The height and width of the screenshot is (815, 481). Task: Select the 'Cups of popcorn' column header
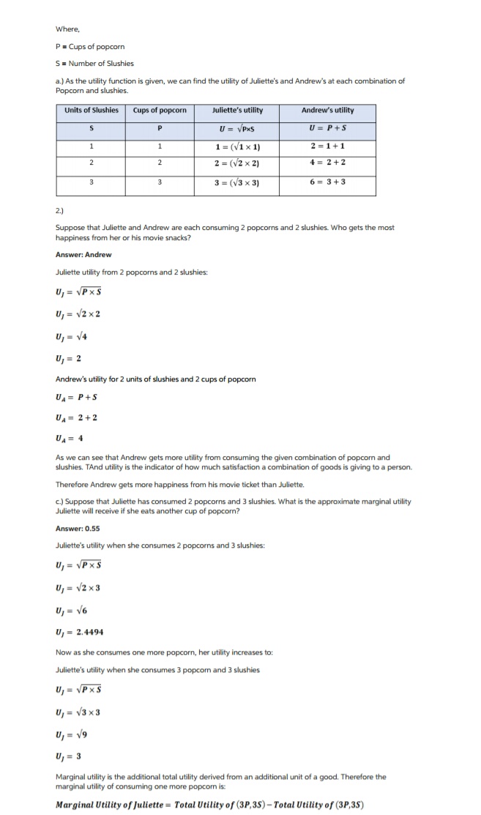[x=160, y=111]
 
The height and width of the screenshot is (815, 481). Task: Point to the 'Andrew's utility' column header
[x=327, y=111]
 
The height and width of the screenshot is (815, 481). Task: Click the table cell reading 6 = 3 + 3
[x=327, y=182]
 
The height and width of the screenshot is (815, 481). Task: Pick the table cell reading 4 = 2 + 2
[x=327, y=163]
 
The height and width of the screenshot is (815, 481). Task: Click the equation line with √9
[x=75, y=732]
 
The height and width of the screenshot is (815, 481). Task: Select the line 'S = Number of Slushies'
[x=94, y=63]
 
